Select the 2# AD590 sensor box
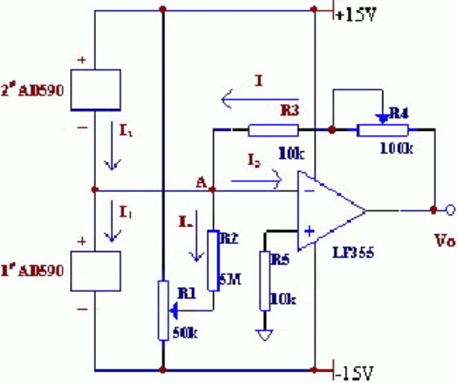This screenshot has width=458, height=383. [97, 90]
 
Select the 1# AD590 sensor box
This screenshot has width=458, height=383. [97, 272]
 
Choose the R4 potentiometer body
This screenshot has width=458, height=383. [382, 129]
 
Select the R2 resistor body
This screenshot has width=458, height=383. [213, 261]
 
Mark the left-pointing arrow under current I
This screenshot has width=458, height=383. [248, 100]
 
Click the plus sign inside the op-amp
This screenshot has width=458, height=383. [309, 230]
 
